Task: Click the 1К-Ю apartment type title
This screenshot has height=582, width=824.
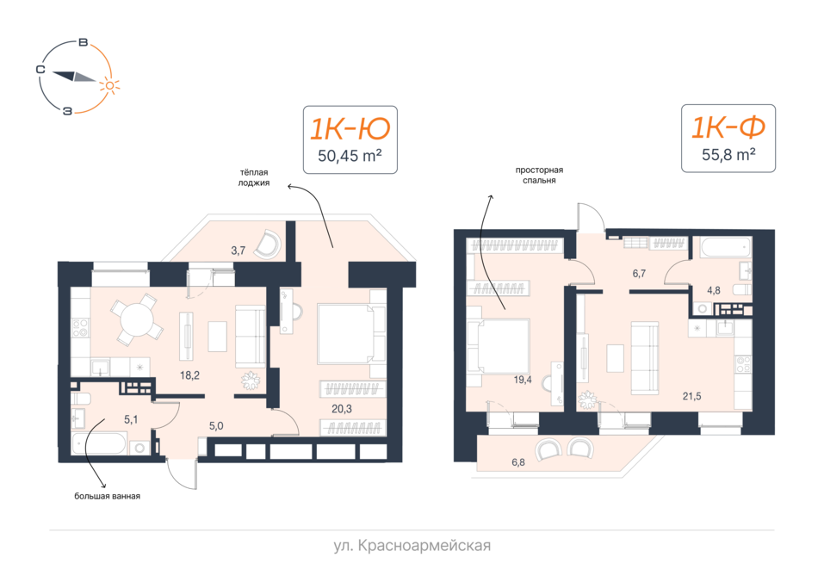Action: pyautogui.click(x=350, y=128)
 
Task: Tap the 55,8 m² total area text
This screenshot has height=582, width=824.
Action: pyautogui.click(x=728, y=154)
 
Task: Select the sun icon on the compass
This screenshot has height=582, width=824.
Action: pyautogui.click(x=109, y=85)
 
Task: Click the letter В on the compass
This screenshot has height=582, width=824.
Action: pyautogui.click(x=83, y=42)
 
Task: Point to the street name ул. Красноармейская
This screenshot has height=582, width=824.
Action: pyautogui.click(x=412, y=546)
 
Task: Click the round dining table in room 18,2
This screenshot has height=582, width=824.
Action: pyautogui.click(x=137, y=319)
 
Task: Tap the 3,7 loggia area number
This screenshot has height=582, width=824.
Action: pyautogui.click(x=238, y=251)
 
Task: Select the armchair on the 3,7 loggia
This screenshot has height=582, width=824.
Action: pyautogui.click(x=268, y=245)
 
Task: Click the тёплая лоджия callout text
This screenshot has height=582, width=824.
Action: pyautogui.click(x=254, y=177)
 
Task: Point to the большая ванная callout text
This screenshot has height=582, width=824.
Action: pyautogui.click(x=108, y=496)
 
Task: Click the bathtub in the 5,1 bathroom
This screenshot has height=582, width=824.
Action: pyautogui.click(x=99, y=444)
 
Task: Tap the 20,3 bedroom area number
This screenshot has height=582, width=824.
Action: pyautogui.click(x=342, y=409)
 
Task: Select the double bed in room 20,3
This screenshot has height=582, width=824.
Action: pyautogui.click(x=351, y=333)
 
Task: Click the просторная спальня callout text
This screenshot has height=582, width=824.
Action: pyautogui.click(x=539, y=175)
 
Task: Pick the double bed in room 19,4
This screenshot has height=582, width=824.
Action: pyautogui.click(x=499, y=345)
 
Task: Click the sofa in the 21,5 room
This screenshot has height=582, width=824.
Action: pyautogui.click(x=645, y=357)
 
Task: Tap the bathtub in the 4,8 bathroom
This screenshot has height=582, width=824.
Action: pyautogui.click(x=721, y=247)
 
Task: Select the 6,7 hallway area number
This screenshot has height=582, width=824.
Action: pyautogui.click(x=639, y=273)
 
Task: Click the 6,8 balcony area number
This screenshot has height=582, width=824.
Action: pyautogui.click(x=518, y=462)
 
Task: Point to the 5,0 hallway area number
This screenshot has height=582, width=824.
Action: pyautogui.click(x=216, y=425)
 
